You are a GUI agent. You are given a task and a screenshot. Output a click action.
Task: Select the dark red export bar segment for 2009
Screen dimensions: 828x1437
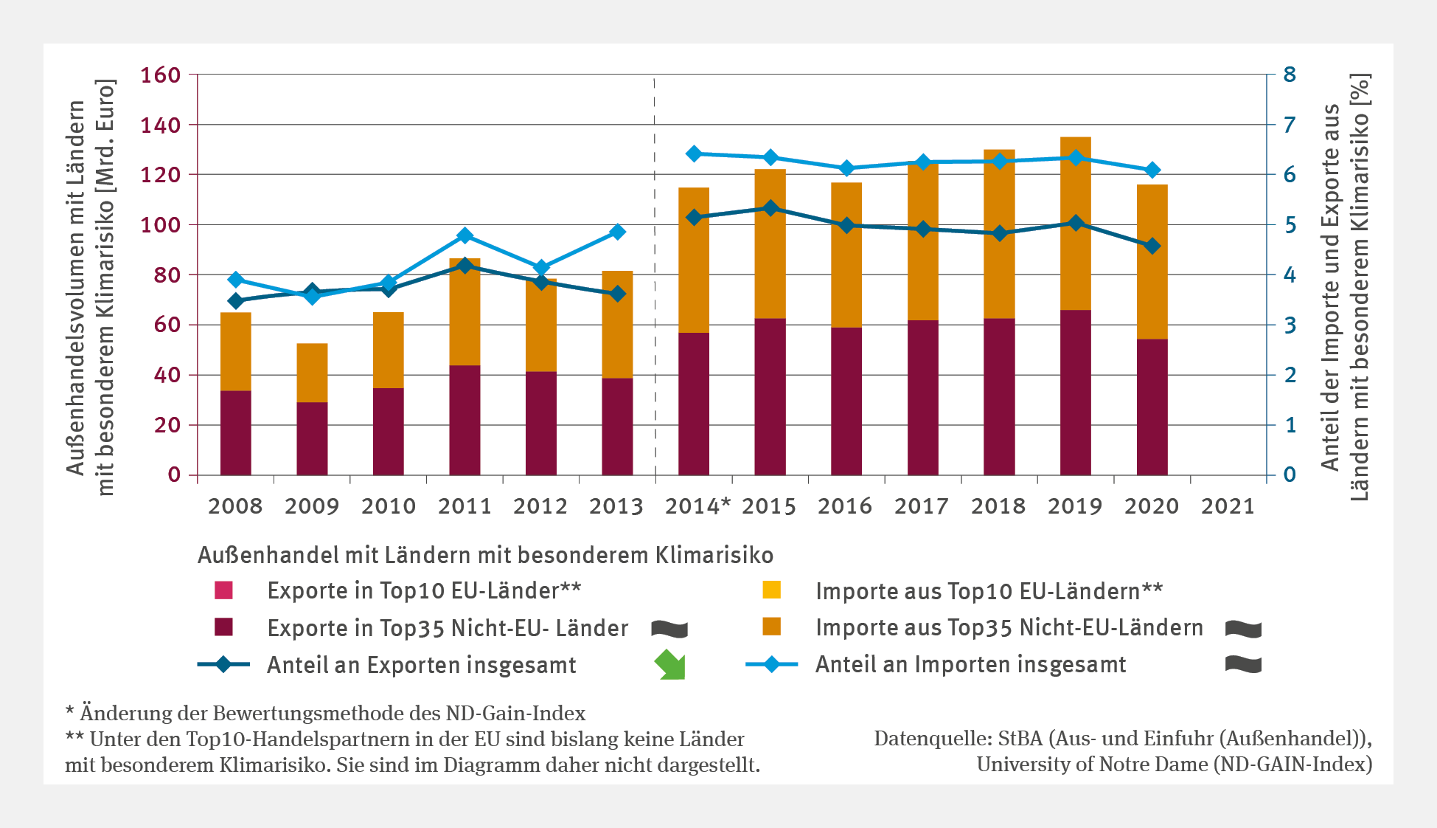point(312,438)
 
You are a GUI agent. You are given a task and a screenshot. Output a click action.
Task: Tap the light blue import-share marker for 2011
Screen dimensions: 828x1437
point(464,236)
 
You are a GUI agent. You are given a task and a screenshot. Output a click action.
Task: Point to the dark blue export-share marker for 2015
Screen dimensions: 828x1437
point(770,208)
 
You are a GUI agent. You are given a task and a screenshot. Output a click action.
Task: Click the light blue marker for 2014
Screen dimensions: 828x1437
point(694,153)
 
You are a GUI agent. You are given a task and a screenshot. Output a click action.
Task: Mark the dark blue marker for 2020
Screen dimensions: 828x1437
point(1152,246)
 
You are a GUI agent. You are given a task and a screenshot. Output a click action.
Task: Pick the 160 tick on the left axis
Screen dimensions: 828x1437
point(161,75)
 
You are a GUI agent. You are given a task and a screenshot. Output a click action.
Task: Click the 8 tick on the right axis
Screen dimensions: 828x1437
point(1290,75)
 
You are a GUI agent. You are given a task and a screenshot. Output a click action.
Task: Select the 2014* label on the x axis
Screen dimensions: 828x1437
point(697,506)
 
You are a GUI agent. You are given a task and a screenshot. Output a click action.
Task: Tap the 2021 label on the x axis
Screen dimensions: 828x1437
point(1228,506)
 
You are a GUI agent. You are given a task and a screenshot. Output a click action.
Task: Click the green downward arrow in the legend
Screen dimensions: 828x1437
point(670,664)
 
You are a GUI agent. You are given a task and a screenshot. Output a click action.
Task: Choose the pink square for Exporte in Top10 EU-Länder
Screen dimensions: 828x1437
point(223,590)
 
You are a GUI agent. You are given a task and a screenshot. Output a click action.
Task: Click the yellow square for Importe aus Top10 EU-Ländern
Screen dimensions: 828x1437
point(771,590)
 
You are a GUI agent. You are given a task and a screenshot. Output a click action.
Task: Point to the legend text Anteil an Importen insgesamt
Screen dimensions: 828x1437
point(970,665)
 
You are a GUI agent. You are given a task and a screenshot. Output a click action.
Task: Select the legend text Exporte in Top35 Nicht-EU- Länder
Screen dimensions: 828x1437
point(448,628)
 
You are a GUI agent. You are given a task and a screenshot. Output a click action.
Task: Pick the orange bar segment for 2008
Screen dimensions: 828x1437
point(236,351)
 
